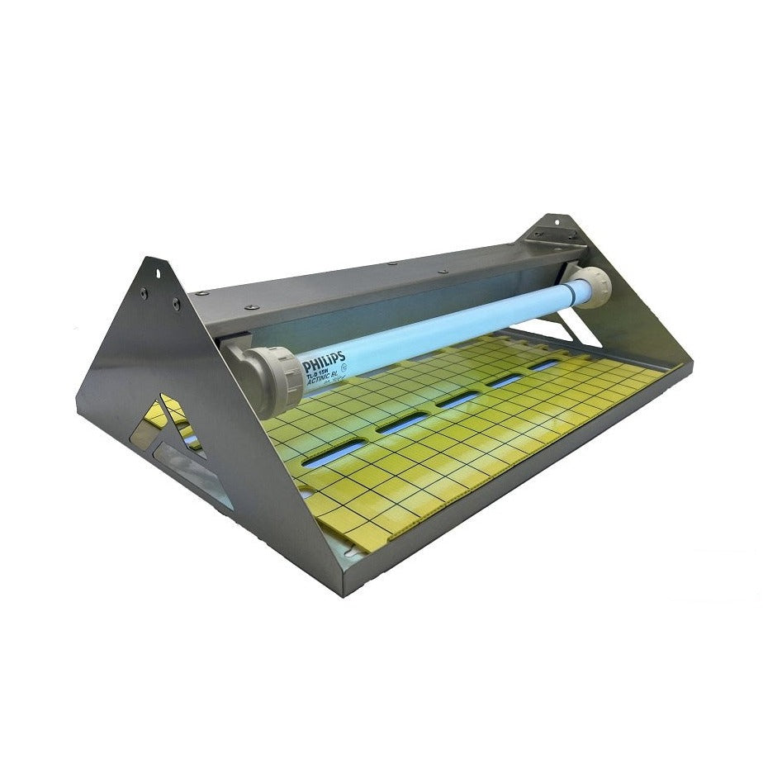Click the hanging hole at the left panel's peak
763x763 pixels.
[151, 271]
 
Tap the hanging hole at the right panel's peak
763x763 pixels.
[555, 221]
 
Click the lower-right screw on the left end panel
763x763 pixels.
[176, 305]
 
